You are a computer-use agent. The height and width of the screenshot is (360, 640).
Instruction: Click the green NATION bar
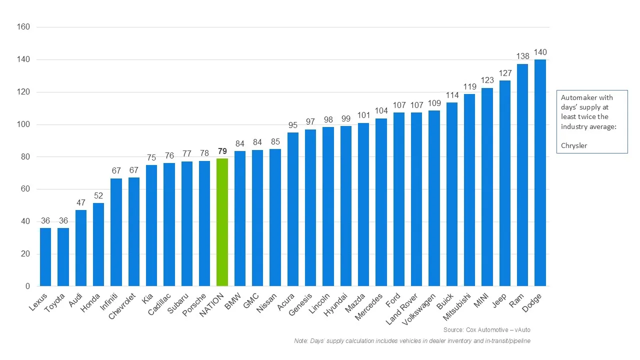(x=222, y=222)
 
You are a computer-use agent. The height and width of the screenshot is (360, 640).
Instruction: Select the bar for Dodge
(x=540, y=173)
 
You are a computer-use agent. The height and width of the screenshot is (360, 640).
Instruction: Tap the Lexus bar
(x=45, y=257)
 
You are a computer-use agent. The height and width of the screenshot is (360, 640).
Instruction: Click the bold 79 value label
(x=222, y=151)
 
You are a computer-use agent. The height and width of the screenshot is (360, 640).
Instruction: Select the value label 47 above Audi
(x=81, y=202)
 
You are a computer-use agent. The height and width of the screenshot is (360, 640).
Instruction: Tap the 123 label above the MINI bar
(x=487, y=80)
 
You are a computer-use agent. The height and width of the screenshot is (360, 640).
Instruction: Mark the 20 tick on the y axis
(x=25, y=254)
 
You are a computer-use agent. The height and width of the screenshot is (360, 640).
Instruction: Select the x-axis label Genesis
(x=301, y=303)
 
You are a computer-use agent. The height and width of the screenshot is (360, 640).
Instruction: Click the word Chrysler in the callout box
(x=574, y=145)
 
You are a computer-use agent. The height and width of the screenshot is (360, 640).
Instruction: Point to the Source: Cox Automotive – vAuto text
(x=486, y=330)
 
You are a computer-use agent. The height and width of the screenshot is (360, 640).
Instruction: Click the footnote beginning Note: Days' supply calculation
(x=412, y=341)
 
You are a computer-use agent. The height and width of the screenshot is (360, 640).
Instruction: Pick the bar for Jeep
(x=505, y=183)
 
